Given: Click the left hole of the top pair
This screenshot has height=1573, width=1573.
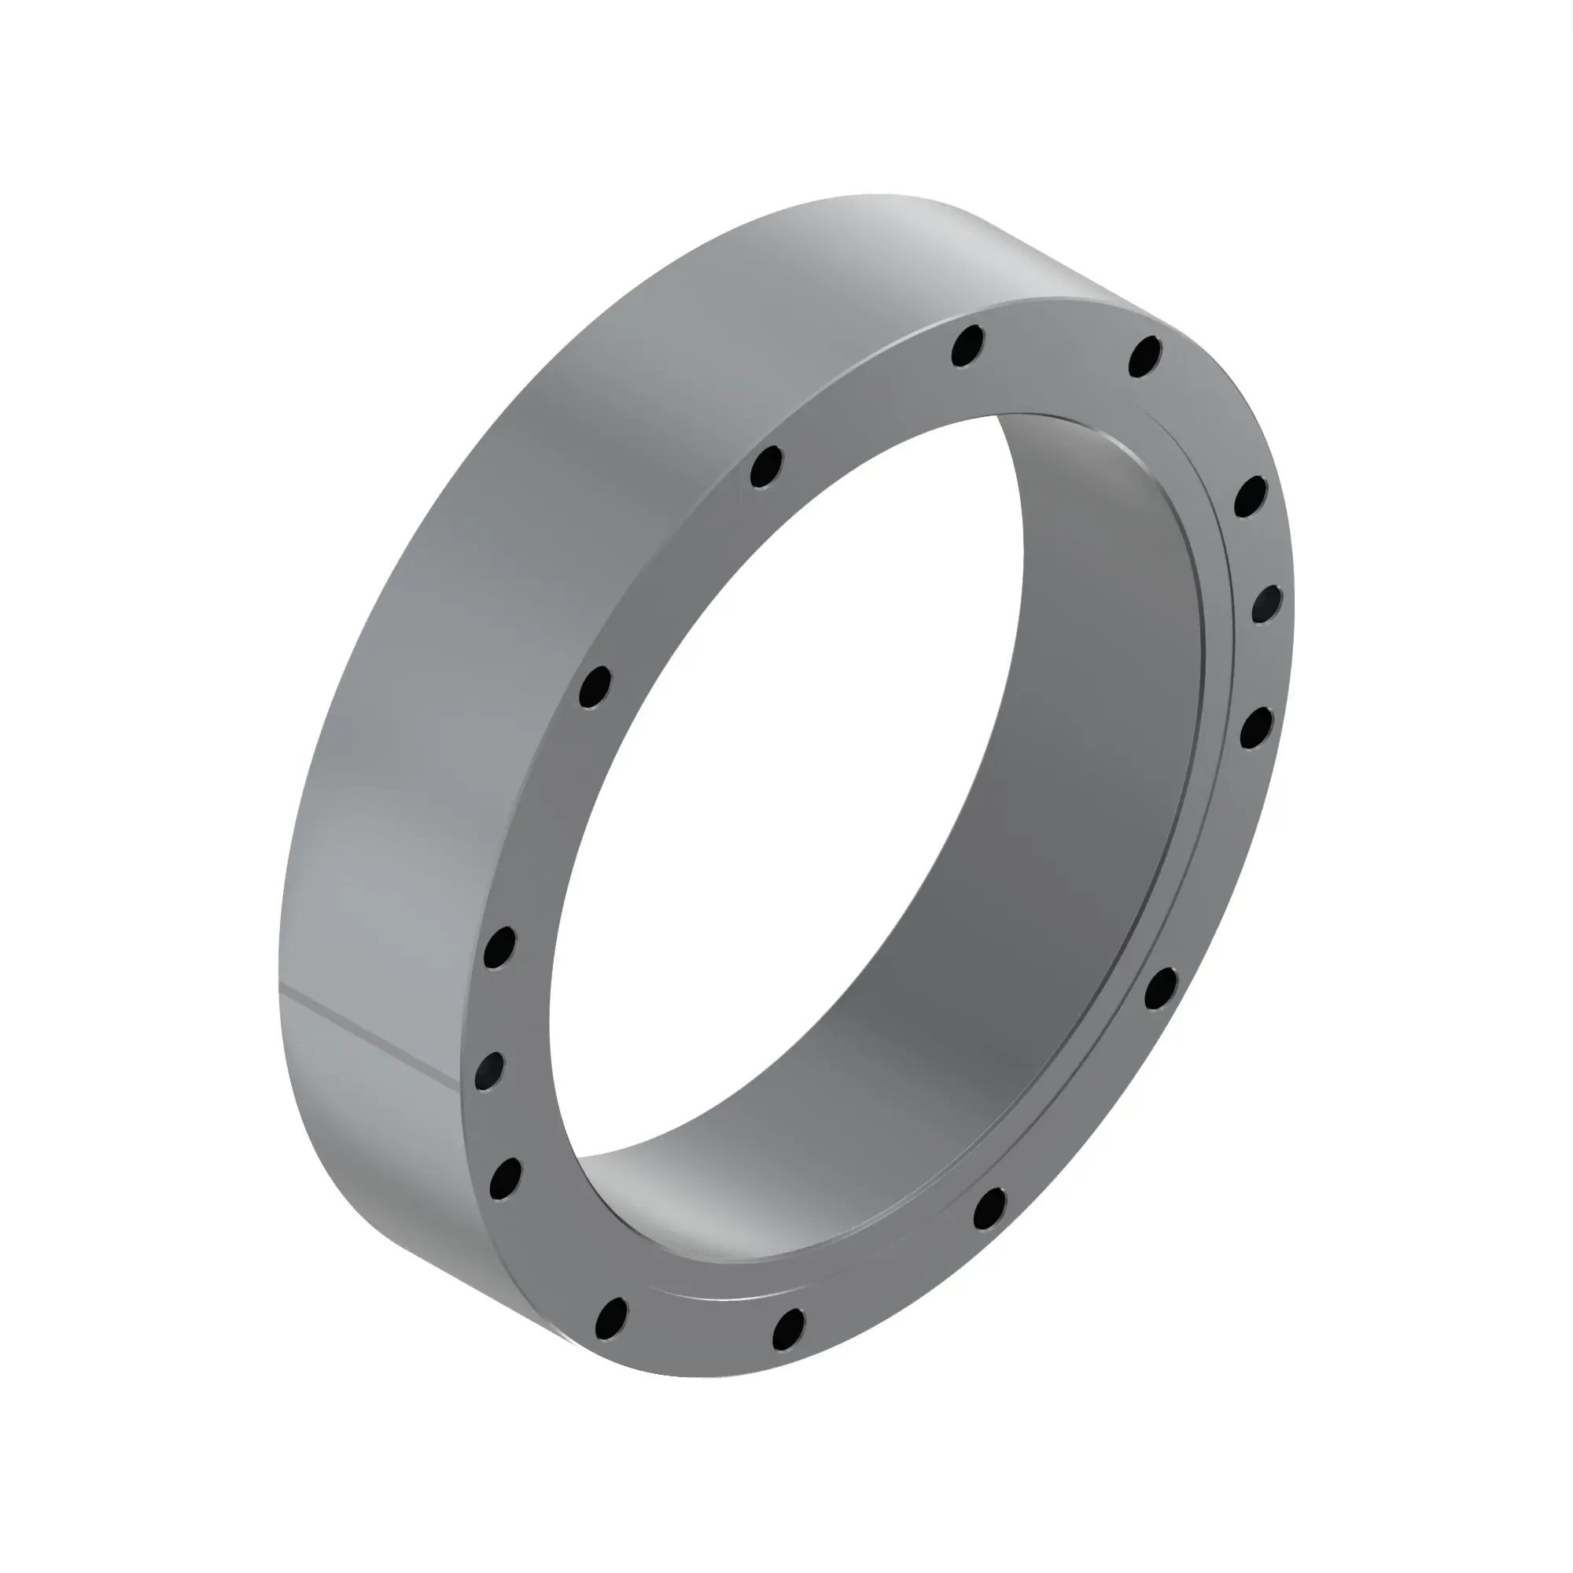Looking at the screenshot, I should click(967, 346).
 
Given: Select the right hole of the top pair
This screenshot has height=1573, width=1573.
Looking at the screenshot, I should click(1144, 355).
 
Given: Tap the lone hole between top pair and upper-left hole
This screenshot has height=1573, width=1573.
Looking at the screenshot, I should click(765, 467).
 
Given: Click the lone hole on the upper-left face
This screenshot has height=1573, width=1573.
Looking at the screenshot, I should click(595, 687).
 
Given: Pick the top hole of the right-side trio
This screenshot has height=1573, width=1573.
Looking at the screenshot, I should click(1251, 496).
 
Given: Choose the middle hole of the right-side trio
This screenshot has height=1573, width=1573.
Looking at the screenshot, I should click(1266, 604).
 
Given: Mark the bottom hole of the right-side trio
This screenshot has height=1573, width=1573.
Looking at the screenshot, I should click(1256, 727).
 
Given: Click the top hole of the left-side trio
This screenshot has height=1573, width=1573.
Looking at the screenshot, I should click(499, 948).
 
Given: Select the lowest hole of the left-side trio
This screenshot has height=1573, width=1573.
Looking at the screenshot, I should click(506, 1178).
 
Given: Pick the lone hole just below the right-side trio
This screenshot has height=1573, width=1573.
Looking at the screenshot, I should click(1160, 989).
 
